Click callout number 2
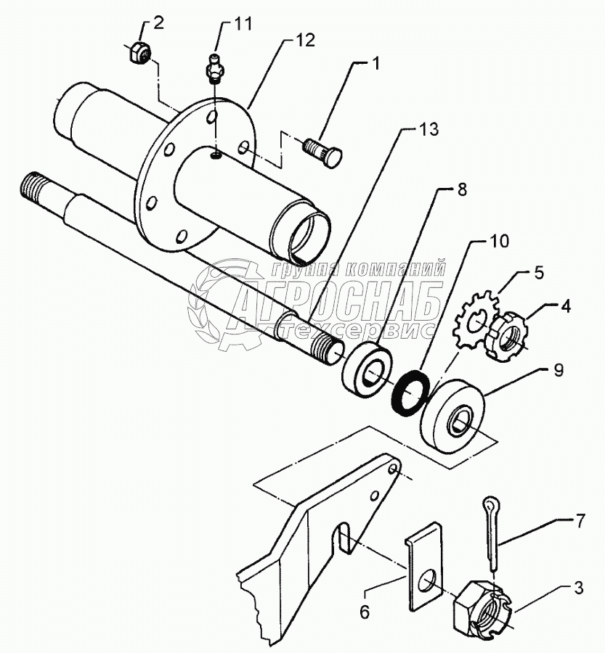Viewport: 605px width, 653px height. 158,23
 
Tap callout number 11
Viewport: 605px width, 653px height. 243,23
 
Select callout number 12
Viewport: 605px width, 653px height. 305,41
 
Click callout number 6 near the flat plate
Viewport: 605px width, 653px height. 365,612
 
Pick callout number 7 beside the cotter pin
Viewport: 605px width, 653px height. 580,520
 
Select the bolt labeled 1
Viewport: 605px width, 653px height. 322,153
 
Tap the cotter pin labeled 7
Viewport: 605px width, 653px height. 493,533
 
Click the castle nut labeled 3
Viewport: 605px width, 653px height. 484,604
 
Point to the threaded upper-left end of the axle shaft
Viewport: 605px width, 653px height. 32,184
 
